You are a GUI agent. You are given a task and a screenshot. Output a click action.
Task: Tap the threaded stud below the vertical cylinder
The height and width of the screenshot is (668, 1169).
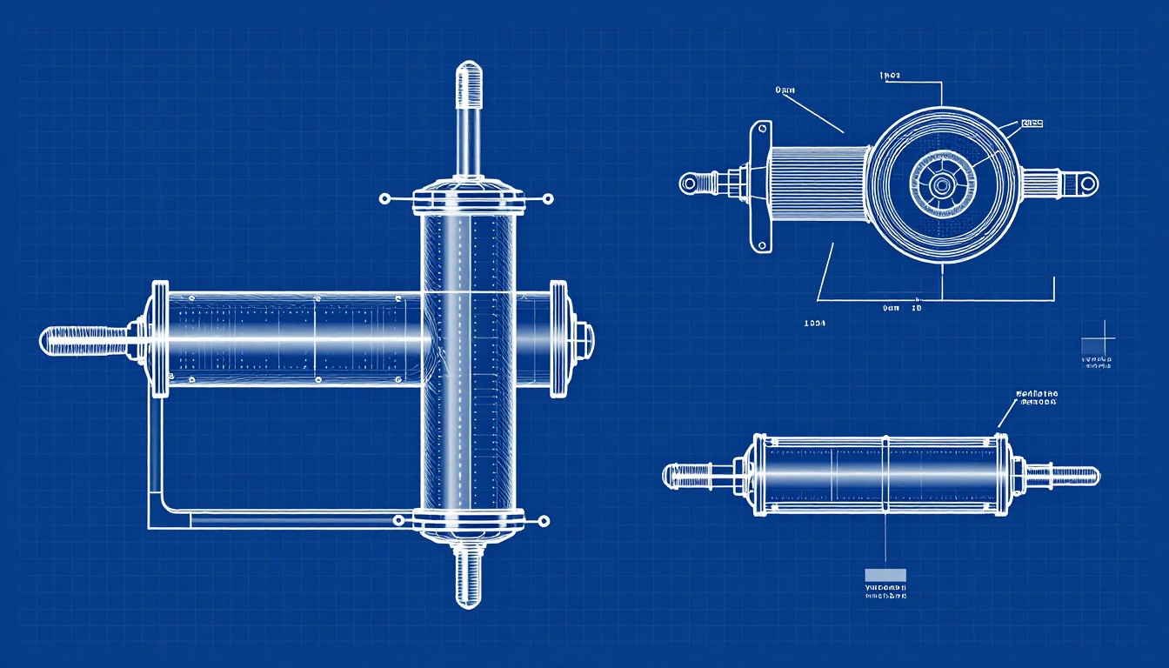pos(468,574)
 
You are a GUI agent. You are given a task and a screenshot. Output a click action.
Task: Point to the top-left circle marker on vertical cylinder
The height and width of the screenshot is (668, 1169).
pos(384,199)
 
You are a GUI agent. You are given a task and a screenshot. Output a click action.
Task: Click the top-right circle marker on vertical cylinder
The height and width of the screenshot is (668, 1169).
pos(547,199)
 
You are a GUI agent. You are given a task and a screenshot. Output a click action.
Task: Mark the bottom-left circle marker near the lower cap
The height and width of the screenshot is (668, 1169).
pos(398,520)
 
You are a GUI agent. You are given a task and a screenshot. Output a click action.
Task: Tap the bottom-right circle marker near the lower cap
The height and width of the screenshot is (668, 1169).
pos(544,521)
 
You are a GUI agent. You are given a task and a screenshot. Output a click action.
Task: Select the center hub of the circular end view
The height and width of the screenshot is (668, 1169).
pos(942,184)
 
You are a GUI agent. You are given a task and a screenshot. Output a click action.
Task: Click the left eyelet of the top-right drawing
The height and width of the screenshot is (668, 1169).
pos(690,183)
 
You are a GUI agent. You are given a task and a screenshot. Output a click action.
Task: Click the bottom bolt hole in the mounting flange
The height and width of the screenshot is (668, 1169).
pos(763,244)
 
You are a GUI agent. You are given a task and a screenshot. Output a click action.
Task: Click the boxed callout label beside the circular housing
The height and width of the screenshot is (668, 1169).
pos(1032,124)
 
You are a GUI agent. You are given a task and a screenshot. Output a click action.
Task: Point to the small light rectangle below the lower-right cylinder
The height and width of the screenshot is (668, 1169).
pos(885,575)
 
